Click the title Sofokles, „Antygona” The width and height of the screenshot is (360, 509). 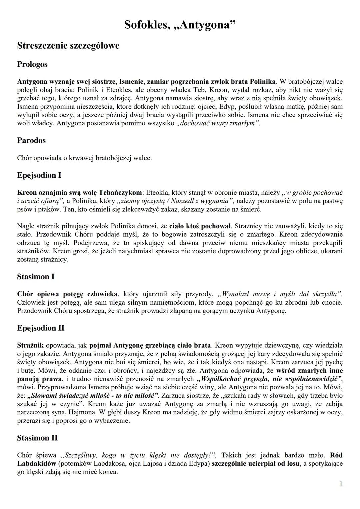(x=180, y=25)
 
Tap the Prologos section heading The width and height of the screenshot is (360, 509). (x=32, y=64)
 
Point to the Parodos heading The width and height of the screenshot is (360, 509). (x=31, y=140)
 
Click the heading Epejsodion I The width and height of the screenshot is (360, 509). (x=39, y=175)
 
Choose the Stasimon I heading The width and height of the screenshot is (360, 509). (x=36, y=276)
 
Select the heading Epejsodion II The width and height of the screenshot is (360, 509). (x=41, y=328)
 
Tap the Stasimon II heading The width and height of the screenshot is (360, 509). (x=37, y=438)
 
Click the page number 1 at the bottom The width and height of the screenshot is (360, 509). (x=341, y=484)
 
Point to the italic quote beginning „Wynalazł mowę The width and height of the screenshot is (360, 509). (x=279, y=294)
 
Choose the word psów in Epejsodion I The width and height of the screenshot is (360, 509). (x=24, y=210)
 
